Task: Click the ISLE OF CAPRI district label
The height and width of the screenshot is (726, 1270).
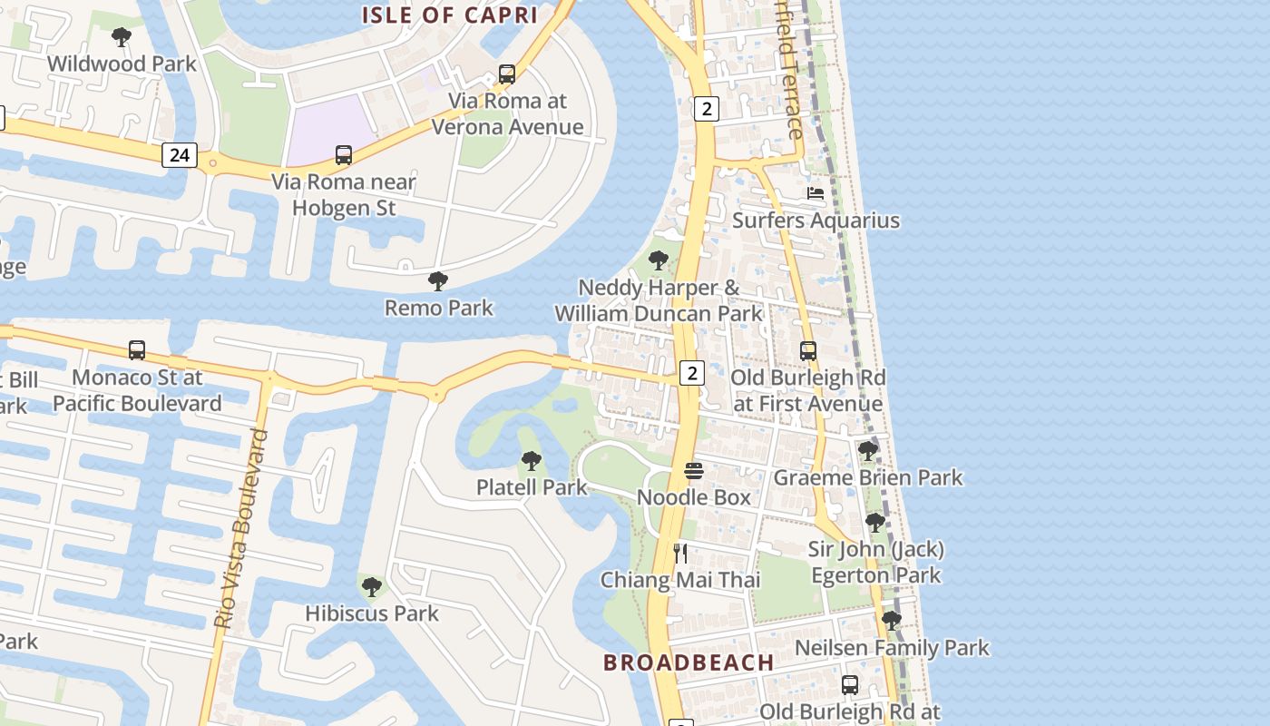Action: pyautogui.click(x=450, y=15)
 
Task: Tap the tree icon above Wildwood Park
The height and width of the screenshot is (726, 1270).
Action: pyautogui.click(x=121, y=37)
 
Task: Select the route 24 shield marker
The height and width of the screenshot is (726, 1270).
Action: pyautogui.click(x=180, y=155)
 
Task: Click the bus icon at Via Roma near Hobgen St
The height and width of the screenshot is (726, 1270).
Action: pyautogui.click(x=344, y=155)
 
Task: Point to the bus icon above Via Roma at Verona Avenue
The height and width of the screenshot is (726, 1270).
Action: pyautogui.click(x=507, y=74)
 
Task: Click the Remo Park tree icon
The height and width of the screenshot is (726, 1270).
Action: pyautogui.click(x=438, y=281)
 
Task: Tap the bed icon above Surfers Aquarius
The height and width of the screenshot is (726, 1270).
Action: pyautogui.click(x=816, y=193)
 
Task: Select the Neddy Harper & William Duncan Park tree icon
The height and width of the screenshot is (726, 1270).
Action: pyautogui.click(x=659, y=261)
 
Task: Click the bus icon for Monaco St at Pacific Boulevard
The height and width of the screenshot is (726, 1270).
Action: pyautogui.click(x=137, y=350)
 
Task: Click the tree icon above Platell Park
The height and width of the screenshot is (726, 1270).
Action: pyautogui.click(x=532, y=461)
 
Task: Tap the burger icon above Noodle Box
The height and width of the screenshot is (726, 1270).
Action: pyautogui.click(x=694, y=471)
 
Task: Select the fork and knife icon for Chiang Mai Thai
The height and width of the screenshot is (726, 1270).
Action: pyautogui.click(x=680, y=553)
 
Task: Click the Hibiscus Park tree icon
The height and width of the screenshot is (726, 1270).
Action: pyautogui.click(x=371, y=587)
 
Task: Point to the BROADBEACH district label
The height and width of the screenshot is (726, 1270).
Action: pyautogui.click(x=689, y=662)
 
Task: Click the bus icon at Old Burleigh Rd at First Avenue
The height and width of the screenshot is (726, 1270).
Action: pyautogui.click(x=808, y=351)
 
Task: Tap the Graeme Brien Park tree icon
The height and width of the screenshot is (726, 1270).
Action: pyautogui.click(x=868, y=450)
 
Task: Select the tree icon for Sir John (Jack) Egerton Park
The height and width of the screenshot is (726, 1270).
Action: pyautogui.click(x=875, y=523)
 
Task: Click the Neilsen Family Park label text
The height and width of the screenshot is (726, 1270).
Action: pyautogui.click(x=892, y=648)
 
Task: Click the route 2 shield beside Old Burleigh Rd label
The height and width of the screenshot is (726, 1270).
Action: pyautogui.click(x=691, y=373)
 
